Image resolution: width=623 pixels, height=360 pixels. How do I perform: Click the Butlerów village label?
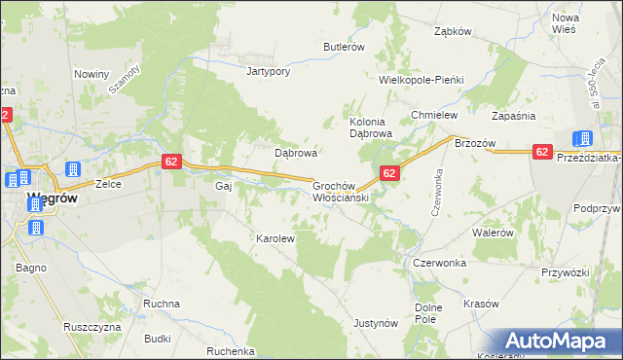(x=344, y=47)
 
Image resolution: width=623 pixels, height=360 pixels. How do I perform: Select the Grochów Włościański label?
(x=338, y=191)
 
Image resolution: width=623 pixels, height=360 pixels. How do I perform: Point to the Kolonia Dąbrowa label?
(x=370, y=127)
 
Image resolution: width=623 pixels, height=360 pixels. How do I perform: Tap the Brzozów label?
(x=475, y=143)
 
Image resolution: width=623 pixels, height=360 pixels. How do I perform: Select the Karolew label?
(x=275, y=237)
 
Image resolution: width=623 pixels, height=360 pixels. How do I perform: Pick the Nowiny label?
(x=91, y=73)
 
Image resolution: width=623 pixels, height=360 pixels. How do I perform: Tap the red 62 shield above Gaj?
(x=170, y=161)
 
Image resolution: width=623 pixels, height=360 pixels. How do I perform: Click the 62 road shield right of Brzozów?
(x=543, y=151)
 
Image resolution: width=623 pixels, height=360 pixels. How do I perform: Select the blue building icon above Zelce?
(x=73, y=169)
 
